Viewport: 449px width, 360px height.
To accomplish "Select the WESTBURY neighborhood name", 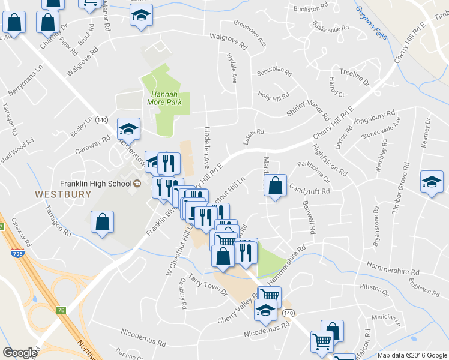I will (62, 194).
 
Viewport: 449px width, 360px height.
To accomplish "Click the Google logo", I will (20, 353).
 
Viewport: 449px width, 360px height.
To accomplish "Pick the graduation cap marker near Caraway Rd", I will (128, 128).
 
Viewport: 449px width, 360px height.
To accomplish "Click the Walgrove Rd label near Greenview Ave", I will (228, 41).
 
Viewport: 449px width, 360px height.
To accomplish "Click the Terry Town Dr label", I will (208, 284).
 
